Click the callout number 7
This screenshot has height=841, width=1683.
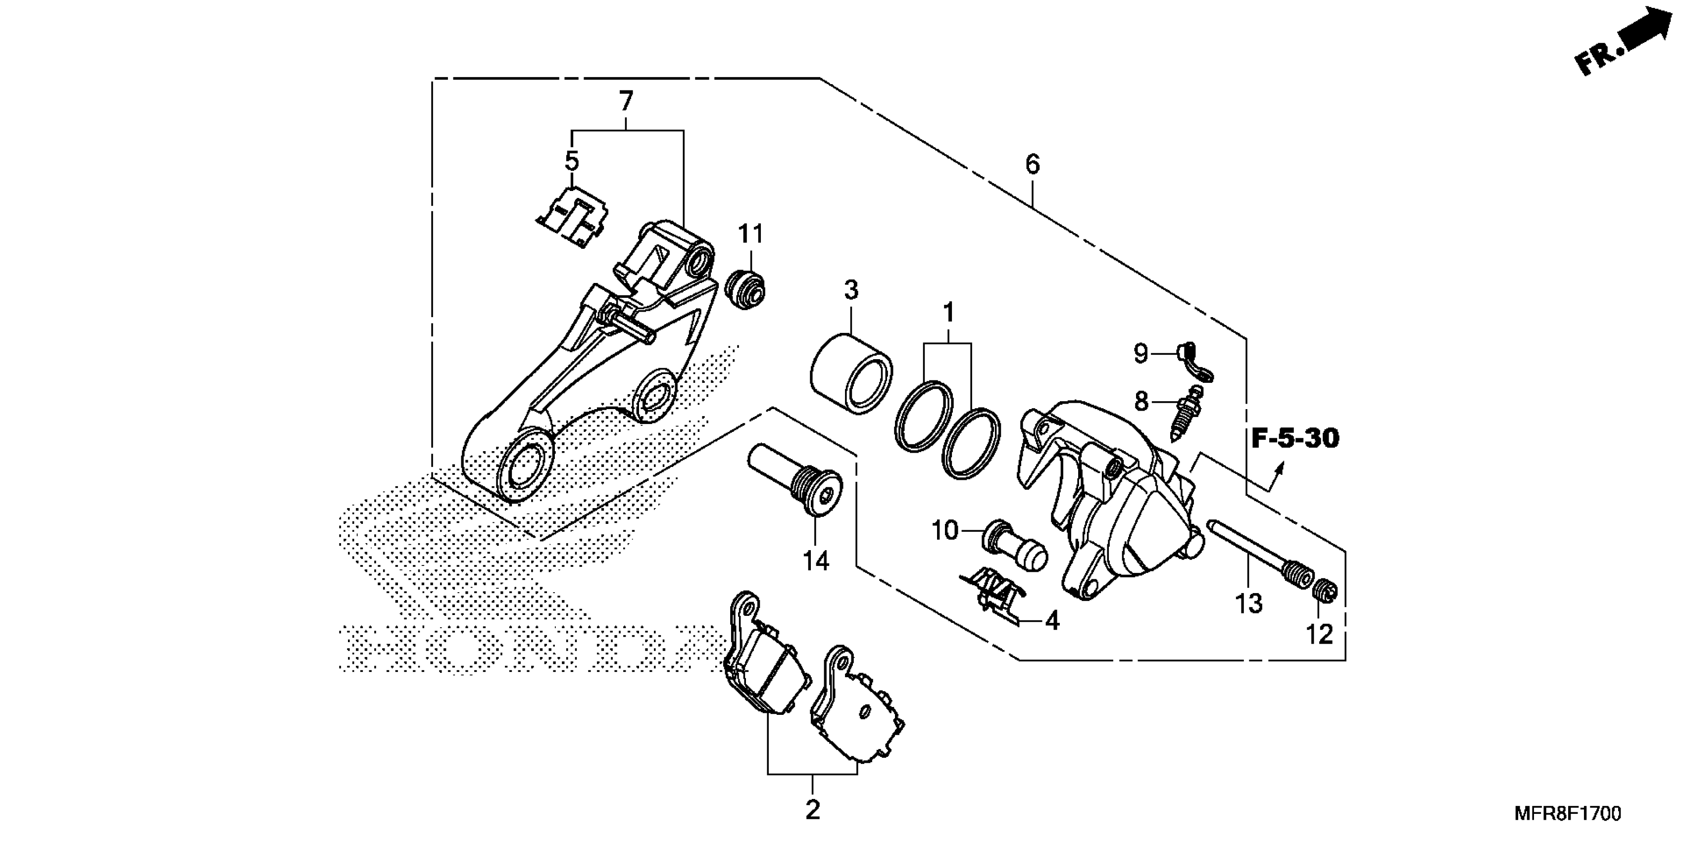[626, 102]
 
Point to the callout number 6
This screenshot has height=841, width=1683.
[1032, 165]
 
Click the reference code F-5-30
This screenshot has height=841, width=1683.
[1295, 439]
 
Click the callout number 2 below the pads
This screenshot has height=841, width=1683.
[812, 810]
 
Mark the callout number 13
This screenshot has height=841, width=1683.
[1248, 604]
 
